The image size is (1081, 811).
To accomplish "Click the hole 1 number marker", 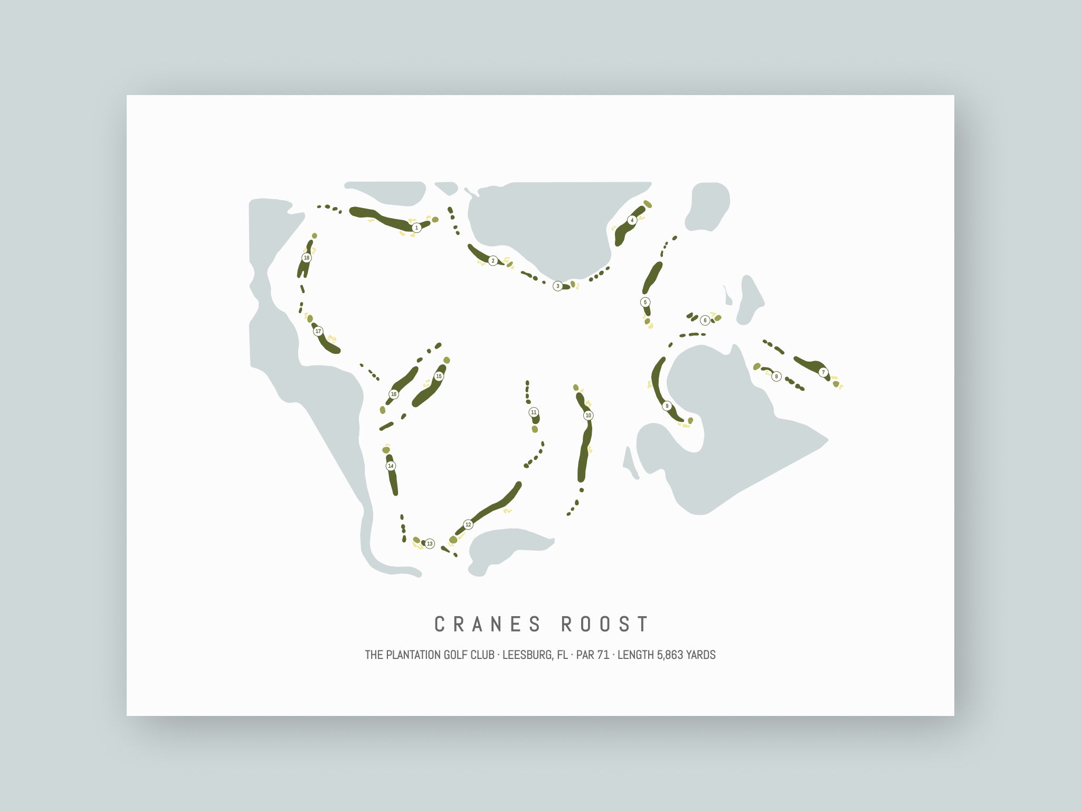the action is point(416,228).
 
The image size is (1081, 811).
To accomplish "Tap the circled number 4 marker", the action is point(632,220).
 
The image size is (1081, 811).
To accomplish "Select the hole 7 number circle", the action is point(823,372).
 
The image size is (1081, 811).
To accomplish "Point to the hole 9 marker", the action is point(667,406).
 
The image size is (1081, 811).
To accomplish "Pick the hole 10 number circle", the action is point(588,416).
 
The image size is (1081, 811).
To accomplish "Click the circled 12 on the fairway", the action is point(468,524).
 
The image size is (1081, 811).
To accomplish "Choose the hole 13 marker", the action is point(430,544).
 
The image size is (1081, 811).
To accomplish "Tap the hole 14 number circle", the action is point(391,466).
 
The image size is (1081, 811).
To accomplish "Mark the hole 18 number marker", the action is point(306,258).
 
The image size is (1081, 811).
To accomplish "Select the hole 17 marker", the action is point(318,332).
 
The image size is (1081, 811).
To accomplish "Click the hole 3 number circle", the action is point(557,286).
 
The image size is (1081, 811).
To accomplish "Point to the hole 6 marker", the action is point(705,320).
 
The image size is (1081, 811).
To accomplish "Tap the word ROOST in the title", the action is point(605,624).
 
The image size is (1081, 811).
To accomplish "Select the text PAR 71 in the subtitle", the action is point(593,655).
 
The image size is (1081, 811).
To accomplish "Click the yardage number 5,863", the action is point(670,655).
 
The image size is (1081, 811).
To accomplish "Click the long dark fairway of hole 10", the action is point(584,454).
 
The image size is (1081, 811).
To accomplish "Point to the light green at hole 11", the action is point(535,429).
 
